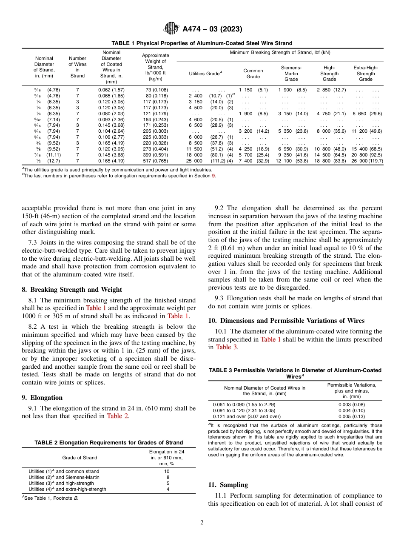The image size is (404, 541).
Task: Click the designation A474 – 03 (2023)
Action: [x=212, y=29]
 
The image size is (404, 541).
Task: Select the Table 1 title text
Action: [x=202, y=43]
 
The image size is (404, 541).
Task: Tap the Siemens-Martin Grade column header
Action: [x=291, y=73]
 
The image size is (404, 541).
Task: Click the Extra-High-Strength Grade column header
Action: [x=365, y=73]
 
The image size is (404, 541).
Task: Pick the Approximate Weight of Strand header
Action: [x=155, y=67]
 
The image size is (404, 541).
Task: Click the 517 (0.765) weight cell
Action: [x=155, y=161]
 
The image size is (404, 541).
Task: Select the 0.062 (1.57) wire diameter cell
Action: [x=111, y=90]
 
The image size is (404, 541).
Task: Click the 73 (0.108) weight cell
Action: [x=155, y=90]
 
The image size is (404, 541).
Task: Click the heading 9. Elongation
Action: [x=42, y=398]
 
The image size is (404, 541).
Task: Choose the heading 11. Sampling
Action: [x=228, y=485]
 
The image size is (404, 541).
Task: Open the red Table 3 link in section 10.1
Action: [x=224, y=347]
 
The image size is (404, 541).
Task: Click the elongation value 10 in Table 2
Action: [x=167, y=471]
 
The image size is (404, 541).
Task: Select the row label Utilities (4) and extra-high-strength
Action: [x=67, y=489]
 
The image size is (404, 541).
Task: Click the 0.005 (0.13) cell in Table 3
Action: [x=351, y=416]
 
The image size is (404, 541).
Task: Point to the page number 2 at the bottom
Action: [x=202, y=522]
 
